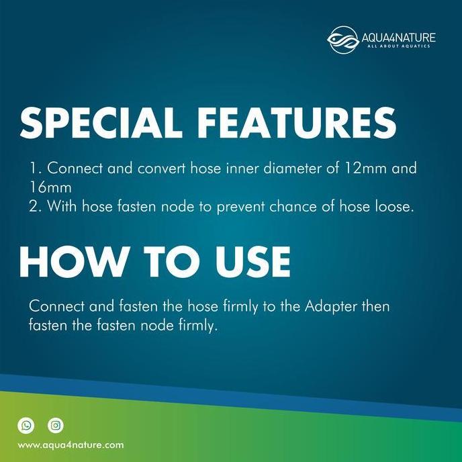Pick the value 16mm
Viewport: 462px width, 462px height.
(x=50, y=187)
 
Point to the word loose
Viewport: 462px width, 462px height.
(x=393, y=206)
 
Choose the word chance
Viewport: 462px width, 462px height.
(x=313, y=206)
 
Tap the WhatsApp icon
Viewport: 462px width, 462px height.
(x=26, y=424)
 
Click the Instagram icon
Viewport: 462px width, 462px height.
(x=56, y=424)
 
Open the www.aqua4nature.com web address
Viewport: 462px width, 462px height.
(x=71, y=445)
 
